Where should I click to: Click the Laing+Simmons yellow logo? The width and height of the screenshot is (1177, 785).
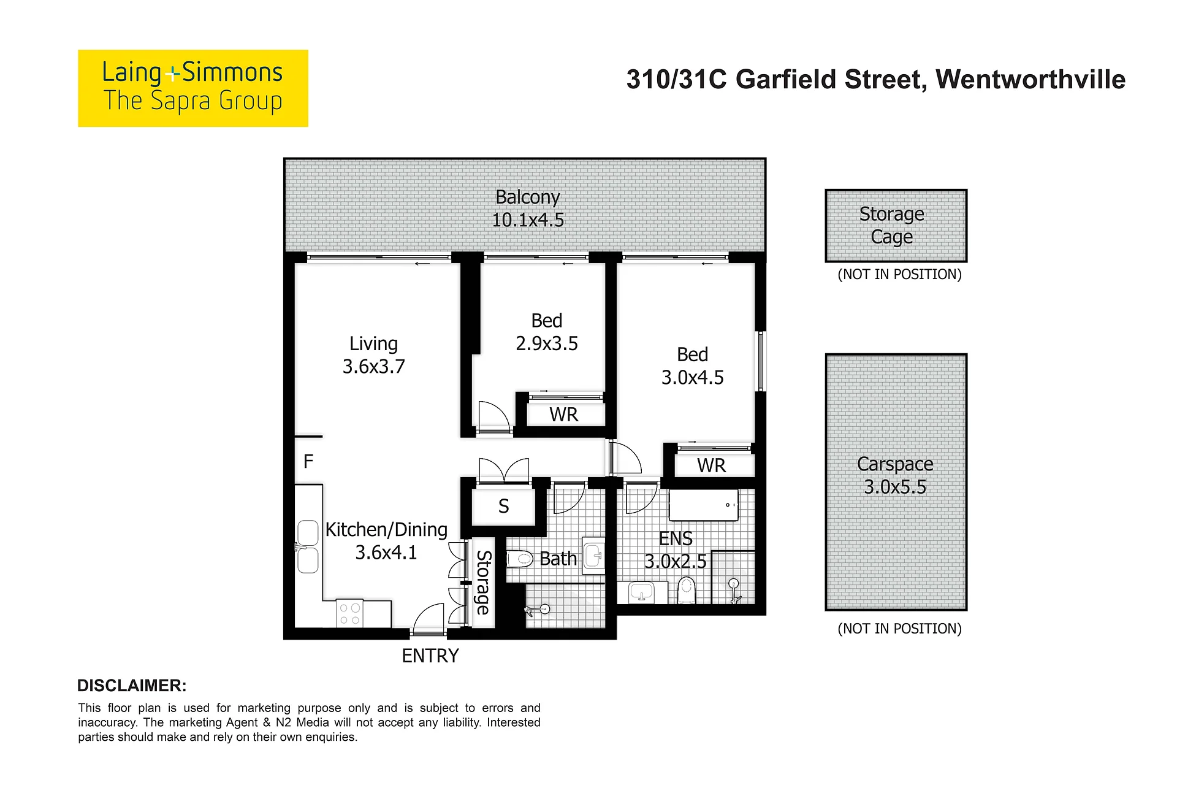click(x=193, y=88)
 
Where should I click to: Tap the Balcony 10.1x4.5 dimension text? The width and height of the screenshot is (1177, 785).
click(x=528, y=220)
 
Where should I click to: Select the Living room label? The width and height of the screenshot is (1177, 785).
click(x=373, y=344)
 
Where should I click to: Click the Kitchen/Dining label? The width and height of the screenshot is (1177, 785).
click(x=386, y=529)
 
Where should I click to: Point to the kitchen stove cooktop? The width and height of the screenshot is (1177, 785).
click(x=350, y=614)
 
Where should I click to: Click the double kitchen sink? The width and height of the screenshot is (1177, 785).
click(x=308, y=546)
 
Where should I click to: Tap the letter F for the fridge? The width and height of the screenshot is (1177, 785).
click(x=308, y=461)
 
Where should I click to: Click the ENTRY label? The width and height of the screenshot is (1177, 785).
click(x=430, y=656)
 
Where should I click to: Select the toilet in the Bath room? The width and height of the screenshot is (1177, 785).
click(x=520, y=559)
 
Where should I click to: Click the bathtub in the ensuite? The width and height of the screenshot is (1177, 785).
click(x=704, y=505)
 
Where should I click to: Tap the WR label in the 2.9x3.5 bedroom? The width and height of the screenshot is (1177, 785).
click(x=564, y=415)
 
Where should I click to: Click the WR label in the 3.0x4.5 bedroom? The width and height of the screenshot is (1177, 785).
click(x=711, y=465)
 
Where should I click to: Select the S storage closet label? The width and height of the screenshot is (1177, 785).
click(x=504, y=506)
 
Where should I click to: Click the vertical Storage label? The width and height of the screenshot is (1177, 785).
click(x=484, y=582)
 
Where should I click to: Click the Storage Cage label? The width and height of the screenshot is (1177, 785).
click(x=892, y=225)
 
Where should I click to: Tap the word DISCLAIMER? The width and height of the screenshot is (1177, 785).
click(x=132, y=686)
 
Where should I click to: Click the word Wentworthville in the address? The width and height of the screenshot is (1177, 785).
click(x=1030, y=80)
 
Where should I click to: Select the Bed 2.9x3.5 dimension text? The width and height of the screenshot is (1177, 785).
click(x=547, y=343)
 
